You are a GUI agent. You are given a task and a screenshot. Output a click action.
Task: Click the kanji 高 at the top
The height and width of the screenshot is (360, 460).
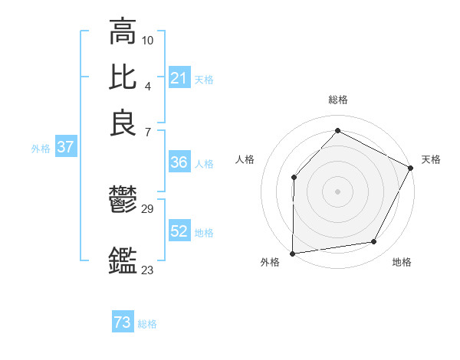[123, 33]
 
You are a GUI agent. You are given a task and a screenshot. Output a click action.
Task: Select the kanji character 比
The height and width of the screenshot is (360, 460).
[123, 77]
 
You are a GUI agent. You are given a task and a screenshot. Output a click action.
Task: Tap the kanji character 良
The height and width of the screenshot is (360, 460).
[123, 124]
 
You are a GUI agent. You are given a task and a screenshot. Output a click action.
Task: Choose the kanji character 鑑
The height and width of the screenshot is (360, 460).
[123, 260]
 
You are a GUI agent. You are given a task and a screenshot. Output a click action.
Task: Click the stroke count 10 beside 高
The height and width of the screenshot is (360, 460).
[148, 39]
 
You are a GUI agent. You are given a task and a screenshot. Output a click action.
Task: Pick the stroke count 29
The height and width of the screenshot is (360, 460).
[148, 208]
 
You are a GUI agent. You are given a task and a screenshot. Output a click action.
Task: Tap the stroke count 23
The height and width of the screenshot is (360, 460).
[148, 270]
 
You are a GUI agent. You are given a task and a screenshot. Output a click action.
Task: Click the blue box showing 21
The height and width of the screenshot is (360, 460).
[179, 78]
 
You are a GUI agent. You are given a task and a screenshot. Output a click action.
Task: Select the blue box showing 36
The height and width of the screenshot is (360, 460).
[179, 163]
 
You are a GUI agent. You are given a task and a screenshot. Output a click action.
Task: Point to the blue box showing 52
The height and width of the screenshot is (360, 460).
[179, 232]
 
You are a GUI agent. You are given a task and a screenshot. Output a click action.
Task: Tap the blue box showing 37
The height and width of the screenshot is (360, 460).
[65, 148]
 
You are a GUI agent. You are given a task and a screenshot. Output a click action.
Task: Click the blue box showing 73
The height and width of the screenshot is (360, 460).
[123, 323]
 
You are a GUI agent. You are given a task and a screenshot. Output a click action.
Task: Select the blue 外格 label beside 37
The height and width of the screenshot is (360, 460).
[40, 149]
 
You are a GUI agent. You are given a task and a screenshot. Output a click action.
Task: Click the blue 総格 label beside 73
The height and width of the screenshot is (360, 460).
[147, 324]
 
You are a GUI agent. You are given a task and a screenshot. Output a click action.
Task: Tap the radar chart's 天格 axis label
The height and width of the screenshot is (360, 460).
[431, 159]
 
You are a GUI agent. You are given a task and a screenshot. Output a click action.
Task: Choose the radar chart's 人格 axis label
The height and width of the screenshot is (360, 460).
[245, 159]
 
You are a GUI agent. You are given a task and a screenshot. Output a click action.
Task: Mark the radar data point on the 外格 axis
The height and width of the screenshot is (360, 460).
[292, 253]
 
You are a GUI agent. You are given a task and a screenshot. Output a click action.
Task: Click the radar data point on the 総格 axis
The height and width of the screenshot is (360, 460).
[337, 130]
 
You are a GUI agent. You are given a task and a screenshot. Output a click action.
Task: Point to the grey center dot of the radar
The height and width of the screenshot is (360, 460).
[337, 191]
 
